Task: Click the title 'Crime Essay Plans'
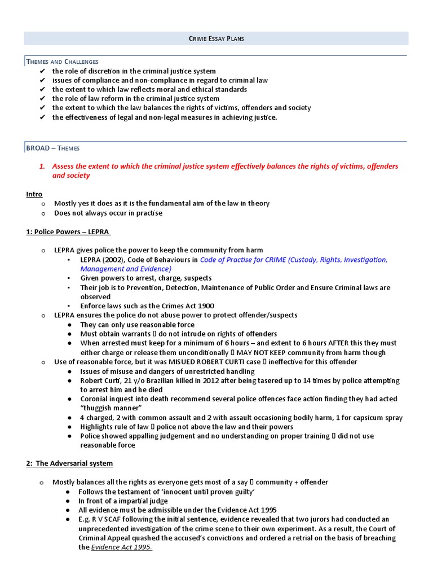[216, 38]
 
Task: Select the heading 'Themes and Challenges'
[62, 62]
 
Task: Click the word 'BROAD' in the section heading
[38, 148]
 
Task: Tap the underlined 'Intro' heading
[34, 194]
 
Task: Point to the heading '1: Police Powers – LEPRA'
[68, 232]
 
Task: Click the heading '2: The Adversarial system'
[69, 463]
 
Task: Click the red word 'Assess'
[64, 167]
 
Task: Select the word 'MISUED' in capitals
[195, 362]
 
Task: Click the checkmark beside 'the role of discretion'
[42, 72]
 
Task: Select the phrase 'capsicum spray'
[377, 418]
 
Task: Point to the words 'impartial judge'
[131, 501]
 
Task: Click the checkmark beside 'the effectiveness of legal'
[42, 117]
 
